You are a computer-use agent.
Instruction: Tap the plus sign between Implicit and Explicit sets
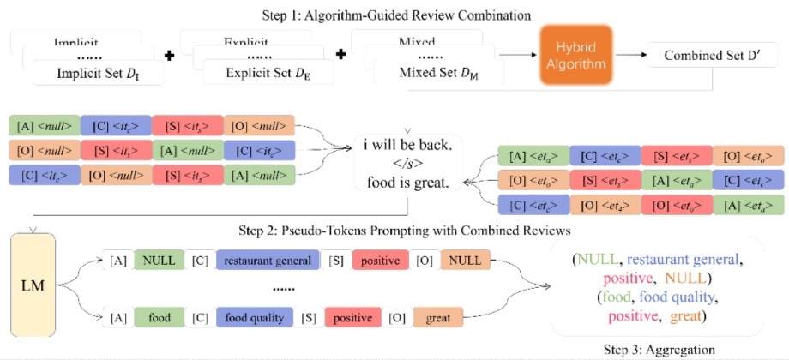tap(169, 55)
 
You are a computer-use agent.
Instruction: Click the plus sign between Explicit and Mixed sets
tap(340, 55)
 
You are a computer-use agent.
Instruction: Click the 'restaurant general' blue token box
tap(267, 258)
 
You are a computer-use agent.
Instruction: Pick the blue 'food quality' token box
tap(254, 317)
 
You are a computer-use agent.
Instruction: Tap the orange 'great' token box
tap(436, 317)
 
